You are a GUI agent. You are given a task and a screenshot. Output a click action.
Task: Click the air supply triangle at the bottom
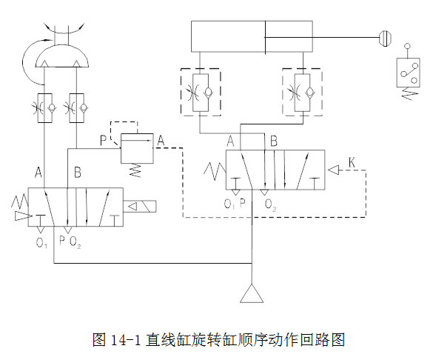(x=252, y=293)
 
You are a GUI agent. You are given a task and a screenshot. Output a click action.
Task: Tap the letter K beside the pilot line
(x=352, y=162)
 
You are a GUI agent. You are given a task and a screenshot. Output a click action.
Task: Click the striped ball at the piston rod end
(x=385, y=37)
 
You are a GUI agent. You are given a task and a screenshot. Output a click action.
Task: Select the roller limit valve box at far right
(x=408, y=73)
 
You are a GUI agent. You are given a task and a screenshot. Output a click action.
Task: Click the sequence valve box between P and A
(x=137, y=148)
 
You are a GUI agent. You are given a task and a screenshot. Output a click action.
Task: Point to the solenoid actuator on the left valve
(x=140, y=206)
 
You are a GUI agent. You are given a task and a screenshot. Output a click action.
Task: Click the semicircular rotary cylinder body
(x=63, y=56)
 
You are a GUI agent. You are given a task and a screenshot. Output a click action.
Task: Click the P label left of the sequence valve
(x=103, y=140)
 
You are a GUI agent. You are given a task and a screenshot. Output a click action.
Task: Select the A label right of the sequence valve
(x=161, y=140)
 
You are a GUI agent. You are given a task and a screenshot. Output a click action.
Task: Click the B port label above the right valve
(x=274, y=141)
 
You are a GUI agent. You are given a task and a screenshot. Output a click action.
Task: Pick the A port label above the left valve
(x=38, y=172)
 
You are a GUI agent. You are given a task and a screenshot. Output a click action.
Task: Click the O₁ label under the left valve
(x=41, y=243)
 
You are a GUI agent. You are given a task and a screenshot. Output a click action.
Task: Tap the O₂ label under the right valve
(x=270, y=205)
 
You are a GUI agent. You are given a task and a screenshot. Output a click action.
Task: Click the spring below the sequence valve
(x=135, y=170)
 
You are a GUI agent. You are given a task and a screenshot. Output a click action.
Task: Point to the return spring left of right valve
(x=215, y=170)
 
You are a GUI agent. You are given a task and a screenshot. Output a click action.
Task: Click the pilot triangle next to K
(x=333, y=170)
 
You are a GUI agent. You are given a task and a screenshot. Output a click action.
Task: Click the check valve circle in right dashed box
(x=310, y=92)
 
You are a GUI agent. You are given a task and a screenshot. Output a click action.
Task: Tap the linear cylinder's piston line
(x=266, y=37)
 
